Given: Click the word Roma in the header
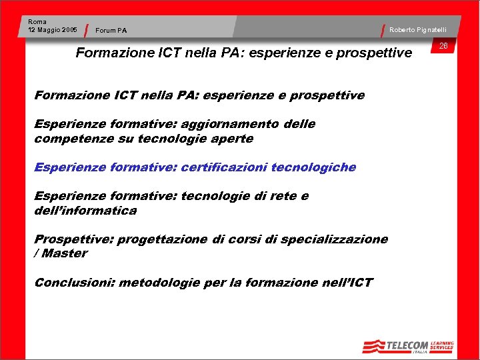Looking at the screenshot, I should (x=37, y=22).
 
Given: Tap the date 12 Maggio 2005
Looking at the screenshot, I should (x=53, y=30).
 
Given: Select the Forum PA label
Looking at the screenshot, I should (x=111, y=30).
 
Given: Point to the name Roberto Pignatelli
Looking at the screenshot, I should (x=418, y=29).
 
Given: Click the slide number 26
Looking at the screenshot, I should (x=443, y=45).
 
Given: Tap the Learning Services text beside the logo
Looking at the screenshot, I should (x=442, y=345).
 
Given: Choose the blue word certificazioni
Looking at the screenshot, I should (x=224, y=167).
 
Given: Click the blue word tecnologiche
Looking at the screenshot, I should (x=313, y=167).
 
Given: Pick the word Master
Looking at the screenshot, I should (x=65, y=254).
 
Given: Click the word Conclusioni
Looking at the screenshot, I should (x=75, y=283).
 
